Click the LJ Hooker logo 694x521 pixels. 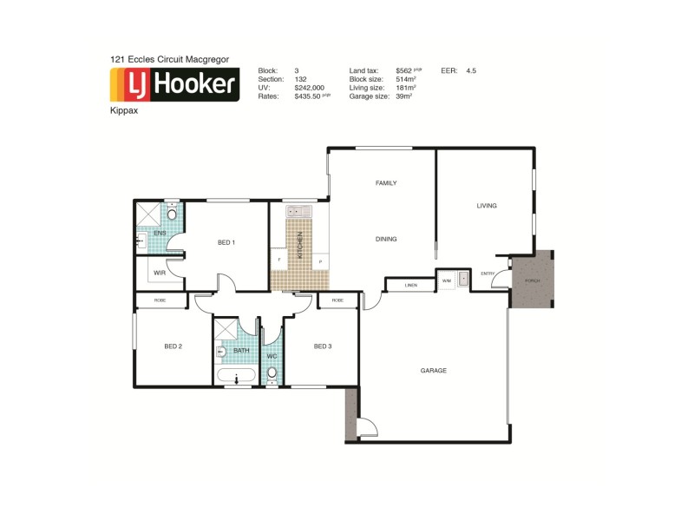[x=174, y=84]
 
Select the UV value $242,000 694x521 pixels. [x=309, y=88]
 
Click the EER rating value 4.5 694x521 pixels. [x=471, y=69]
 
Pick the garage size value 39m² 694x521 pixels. [x=403, y=96]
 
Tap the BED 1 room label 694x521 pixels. [x=226, y=242]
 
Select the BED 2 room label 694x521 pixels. [x=173, y=346]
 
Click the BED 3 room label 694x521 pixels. [x=323, y=346]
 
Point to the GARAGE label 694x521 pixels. [x=434, y=371]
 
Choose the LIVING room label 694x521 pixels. [x=486, y=206]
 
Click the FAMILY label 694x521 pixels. [x=386, y=183]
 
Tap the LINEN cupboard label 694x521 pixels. [x=412, y=284]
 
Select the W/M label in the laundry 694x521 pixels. [x=446, y=280]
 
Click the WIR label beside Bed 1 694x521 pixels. [x=160, y=273]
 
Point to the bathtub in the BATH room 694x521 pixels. [x=235, y=377]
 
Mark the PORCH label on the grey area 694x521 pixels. [x=532, y=283]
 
